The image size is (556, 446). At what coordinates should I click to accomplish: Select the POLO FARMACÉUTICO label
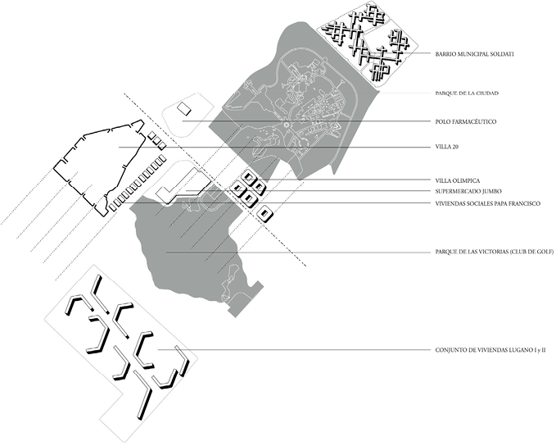pos(466,121)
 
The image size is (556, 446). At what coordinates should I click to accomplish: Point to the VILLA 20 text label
pos(447,148)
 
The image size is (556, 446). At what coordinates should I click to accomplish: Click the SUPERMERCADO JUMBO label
pos(469,191)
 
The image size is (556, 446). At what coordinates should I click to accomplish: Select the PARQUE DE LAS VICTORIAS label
pos(494,253)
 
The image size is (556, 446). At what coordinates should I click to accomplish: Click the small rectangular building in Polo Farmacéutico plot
pos(184,108)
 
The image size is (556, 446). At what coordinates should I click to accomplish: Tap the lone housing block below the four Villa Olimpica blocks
pos(264,215)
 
